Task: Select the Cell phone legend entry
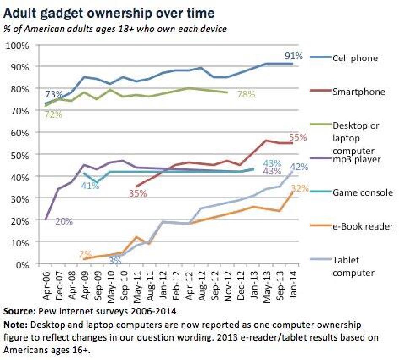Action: point(355,58)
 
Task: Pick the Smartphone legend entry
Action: point(358,91)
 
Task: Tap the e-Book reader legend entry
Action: point(363,226)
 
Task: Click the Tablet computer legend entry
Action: point(353,266)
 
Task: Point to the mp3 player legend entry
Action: point(356,160)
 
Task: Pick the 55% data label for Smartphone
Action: point(298,137)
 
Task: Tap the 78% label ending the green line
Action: point(246,94)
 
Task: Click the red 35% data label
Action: point(138,194)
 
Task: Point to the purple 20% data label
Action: point(64,221)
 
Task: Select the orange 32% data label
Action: point(299,189)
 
